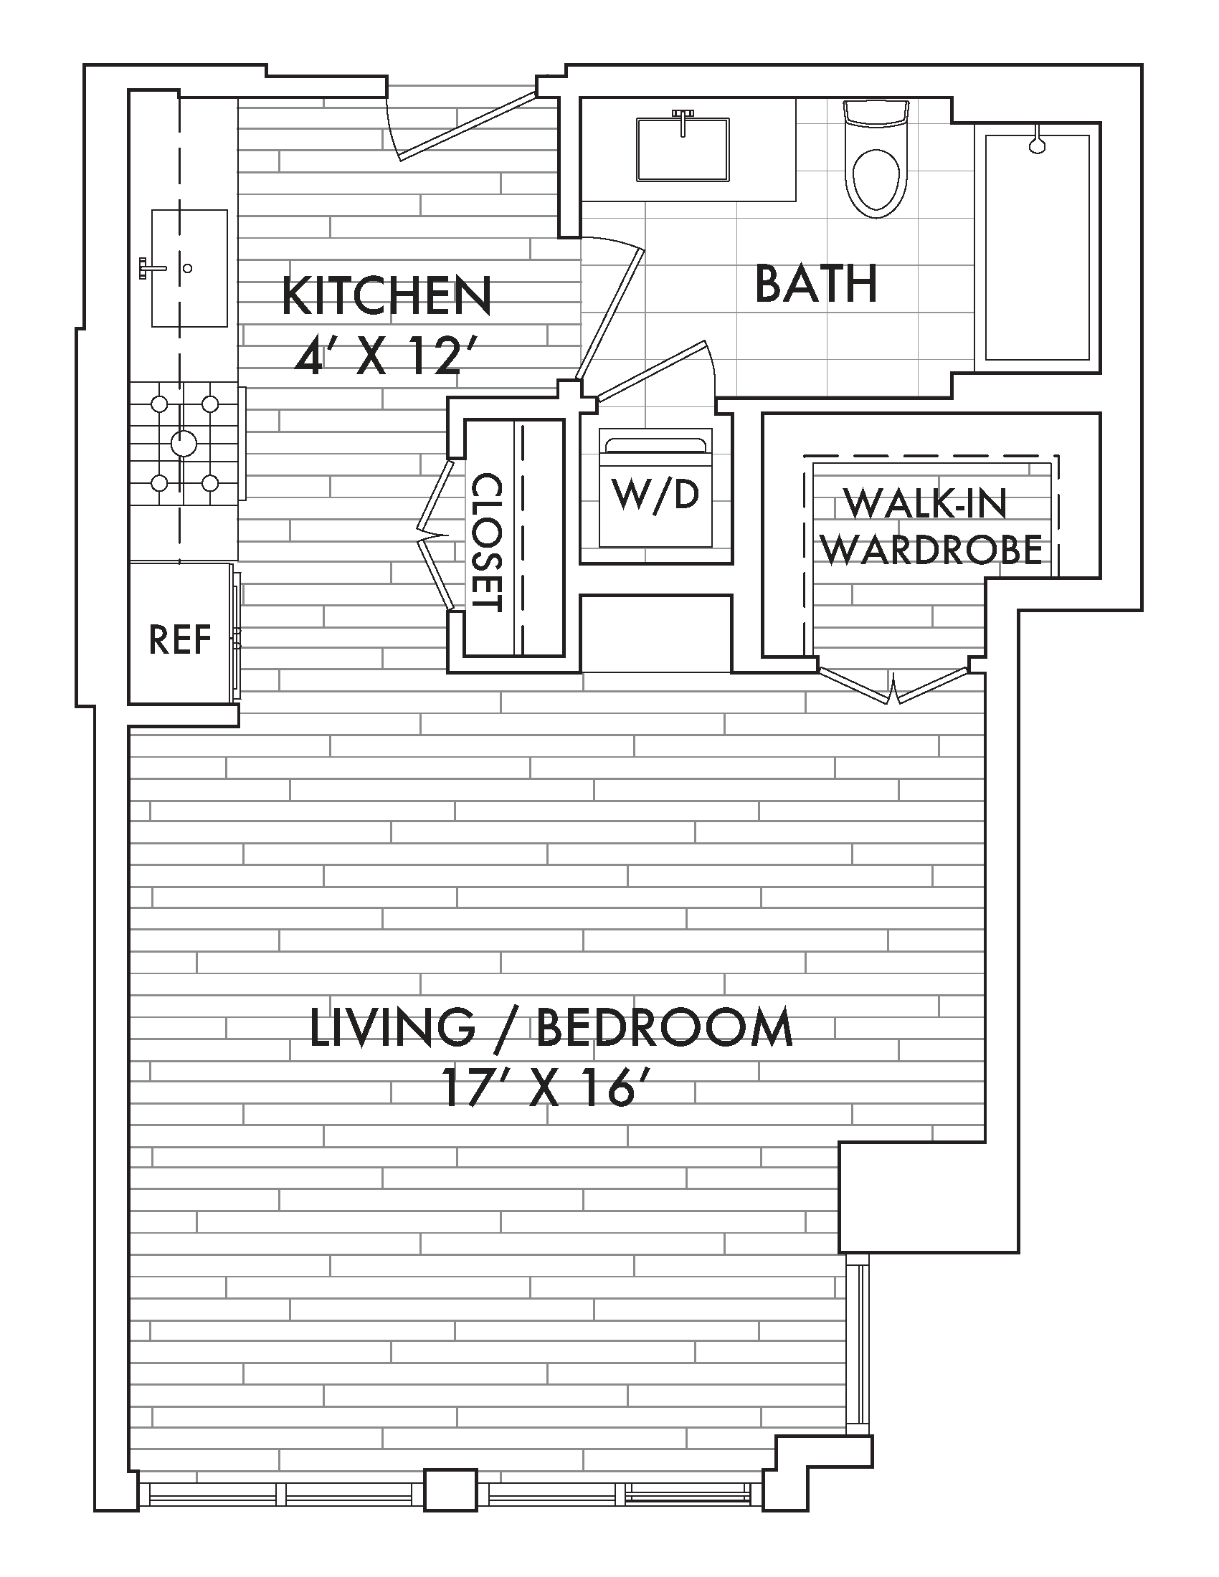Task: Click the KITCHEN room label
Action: (x=386, y=295)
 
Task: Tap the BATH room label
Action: (x=816, y=284)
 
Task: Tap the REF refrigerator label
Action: (x=180, y=639)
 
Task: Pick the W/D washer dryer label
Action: (x=655, y=495)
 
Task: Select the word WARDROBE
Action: (x=932, y=550)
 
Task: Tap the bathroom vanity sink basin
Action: (x=683, y=151)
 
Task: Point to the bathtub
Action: (x=1037, y=248)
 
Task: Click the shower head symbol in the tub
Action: (x=1038, y=140)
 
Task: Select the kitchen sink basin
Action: (x=189, y=268)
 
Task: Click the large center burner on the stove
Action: (x=183, y=442)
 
